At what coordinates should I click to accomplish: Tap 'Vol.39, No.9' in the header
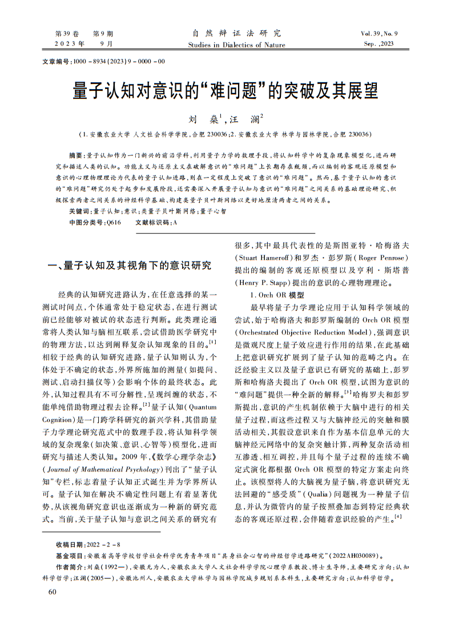(x=378, y=34)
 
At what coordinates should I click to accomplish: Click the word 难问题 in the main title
(x=232, y=91)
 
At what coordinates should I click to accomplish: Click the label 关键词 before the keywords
(x=78, y=211)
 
